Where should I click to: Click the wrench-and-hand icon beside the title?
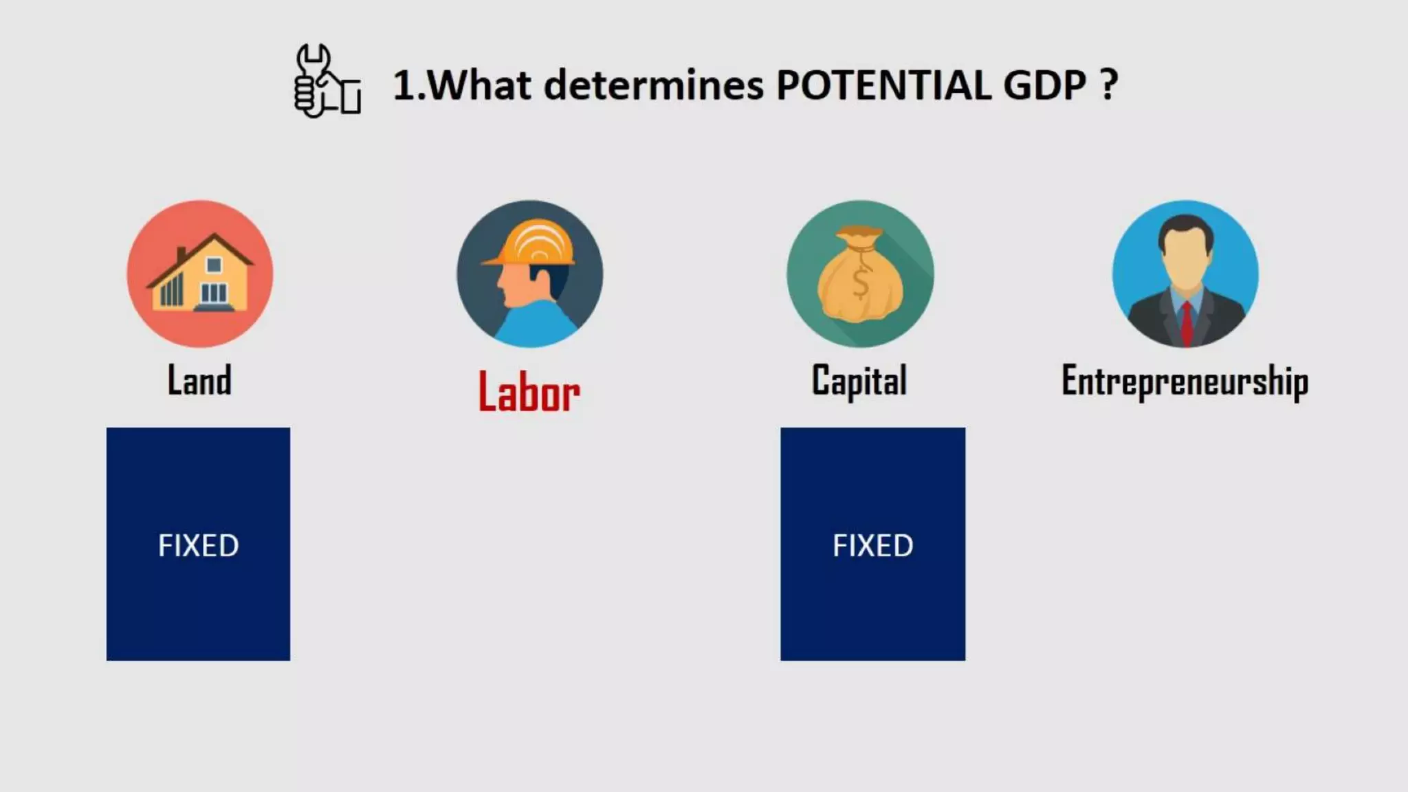[327, 81]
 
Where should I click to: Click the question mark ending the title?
[1108, 85]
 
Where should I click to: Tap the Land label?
[199, 380]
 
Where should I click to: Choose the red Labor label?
[529, 393]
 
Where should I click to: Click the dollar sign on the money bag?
[860, 283]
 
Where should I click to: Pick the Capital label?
[859, 380]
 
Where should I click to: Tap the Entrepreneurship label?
[1185, 381]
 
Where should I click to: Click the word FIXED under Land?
[199, 546]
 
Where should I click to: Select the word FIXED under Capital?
[873, 546]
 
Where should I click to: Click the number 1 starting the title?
[405, 85]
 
